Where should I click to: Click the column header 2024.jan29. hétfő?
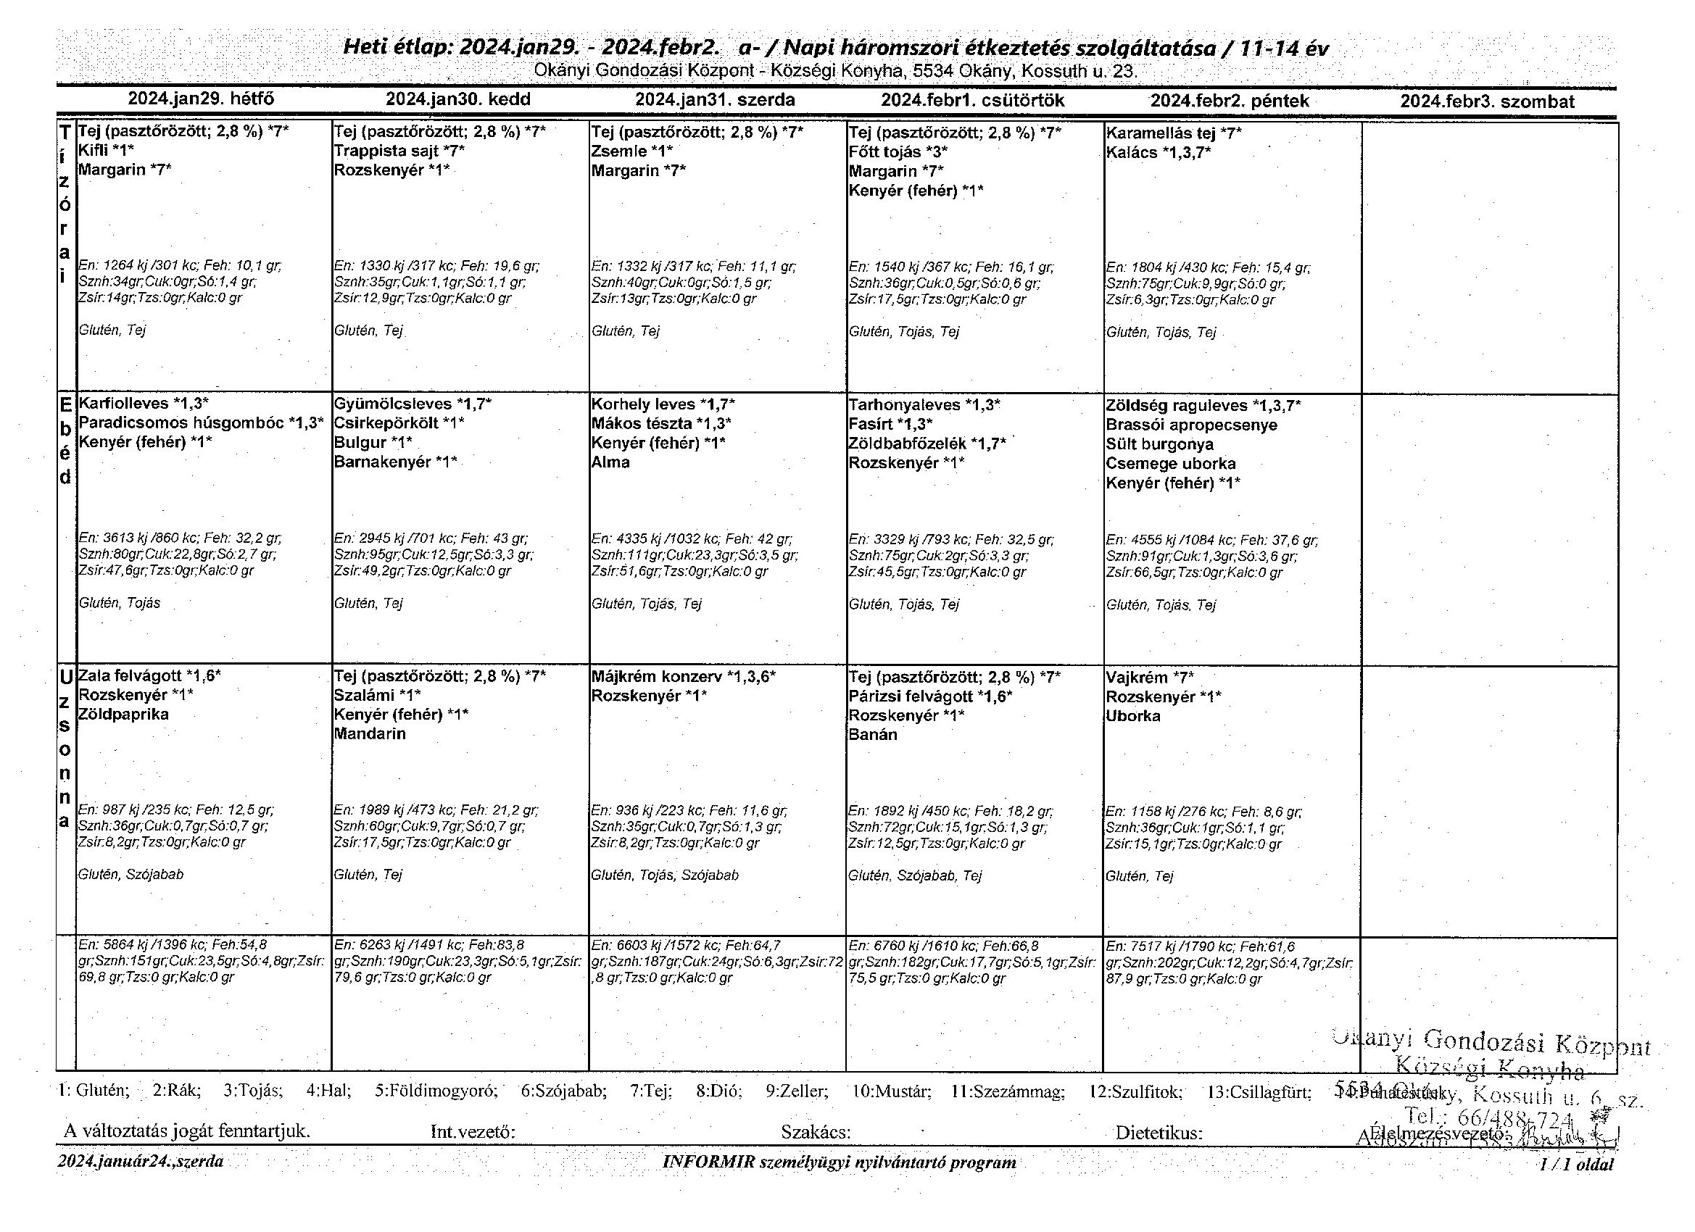point(201,99)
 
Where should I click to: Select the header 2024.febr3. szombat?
point(1486,101)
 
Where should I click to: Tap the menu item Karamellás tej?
point(1161,134)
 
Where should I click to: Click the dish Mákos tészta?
point(641,424)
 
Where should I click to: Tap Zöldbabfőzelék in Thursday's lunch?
point(907,444)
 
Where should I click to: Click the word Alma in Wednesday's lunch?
point(610,462)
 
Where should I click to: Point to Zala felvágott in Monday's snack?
point(130,676)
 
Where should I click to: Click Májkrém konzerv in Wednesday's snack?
point(655,677)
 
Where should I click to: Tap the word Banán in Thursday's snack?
point(872,734)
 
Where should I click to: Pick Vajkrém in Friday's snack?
point(1136,678)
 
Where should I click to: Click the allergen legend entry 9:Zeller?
point(797,1092)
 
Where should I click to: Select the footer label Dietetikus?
point(1159,1133)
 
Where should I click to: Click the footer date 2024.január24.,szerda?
point(141,1162)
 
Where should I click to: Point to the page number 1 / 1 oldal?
point(1576,1164)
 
